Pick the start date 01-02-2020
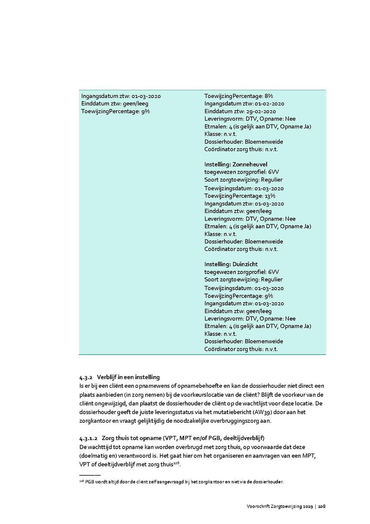click(x=269, y=104)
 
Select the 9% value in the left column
click(x=146, y=112)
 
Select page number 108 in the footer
click(x=321, y=506)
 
